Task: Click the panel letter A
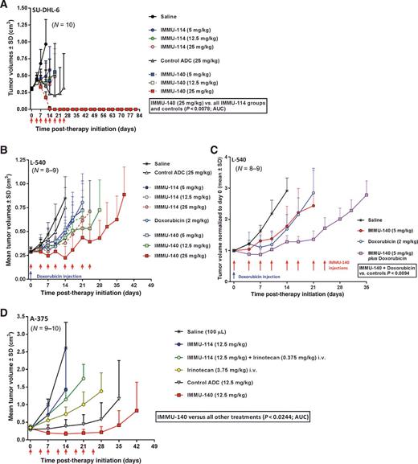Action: click(x=6, y=5)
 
